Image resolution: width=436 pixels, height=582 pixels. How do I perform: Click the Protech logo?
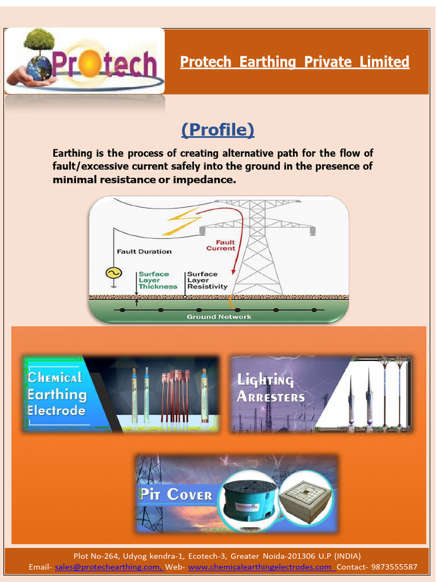point(85,61)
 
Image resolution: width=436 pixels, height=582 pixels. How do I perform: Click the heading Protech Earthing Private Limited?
point(294,61)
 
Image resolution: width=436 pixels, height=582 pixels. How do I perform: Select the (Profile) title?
point(218,130)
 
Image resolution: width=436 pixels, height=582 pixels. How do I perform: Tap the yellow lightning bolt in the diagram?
point(181,222)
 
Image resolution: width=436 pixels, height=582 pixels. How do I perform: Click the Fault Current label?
point(221,245)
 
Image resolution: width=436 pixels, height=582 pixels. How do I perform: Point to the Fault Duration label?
point(144,251)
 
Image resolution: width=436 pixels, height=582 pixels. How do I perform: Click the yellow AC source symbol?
point(114,273)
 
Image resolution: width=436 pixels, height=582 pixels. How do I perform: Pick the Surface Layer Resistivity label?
point(207,280)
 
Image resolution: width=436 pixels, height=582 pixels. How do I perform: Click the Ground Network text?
point(219,317)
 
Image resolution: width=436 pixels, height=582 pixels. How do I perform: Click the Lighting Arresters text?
point(271,388)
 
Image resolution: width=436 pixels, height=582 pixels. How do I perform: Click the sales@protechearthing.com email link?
point(107,567)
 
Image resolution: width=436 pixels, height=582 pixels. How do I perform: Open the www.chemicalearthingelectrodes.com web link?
point(261,567)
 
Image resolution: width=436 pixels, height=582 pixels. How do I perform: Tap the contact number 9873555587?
point(393,567)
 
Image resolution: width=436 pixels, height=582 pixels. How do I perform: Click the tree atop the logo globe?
point(39,40)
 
